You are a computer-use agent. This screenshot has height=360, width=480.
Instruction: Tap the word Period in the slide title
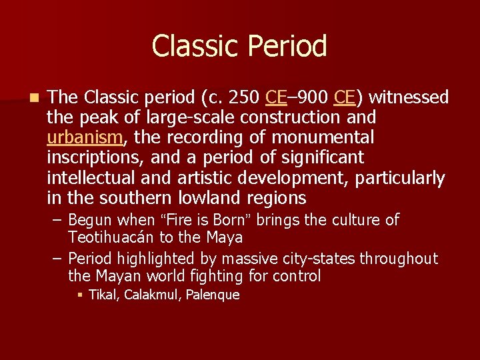tap(288, 46)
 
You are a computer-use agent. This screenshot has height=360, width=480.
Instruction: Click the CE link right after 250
tap(276, 97)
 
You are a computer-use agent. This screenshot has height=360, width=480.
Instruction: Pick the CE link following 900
tap(344, 97)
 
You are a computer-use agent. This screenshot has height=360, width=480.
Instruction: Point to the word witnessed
tap(409, 97)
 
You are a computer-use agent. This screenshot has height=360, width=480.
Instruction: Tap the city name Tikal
tap(101, 295)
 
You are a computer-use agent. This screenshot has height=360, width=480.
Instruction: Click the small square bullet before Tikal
tap(79, 295)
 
